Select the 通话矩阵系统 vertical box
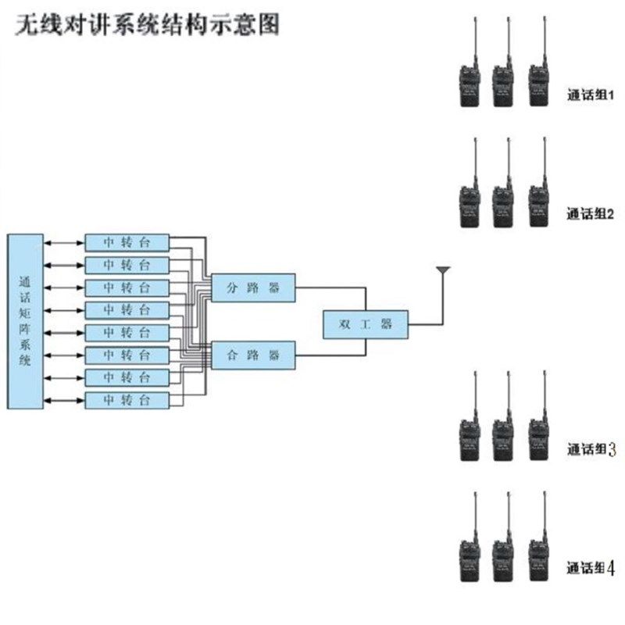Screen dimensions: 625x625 pos(25,320)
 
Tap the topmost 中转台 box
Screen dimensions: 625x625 pos(126,241)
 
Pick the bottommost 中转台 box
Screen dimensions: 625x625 pos(126,401)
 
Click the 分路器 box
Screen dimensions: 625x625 pos(253,287)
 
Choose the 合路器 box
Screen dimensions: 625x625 pos(253,355)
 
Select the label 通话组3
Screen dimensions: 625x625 pos(591,449)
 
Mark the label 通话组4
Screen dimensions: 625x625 pos(591,569)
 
